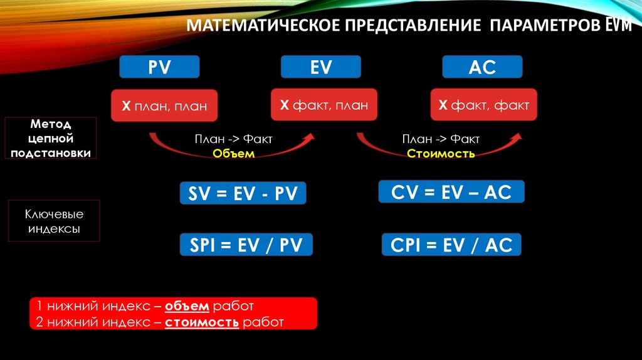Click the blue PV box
pyautogui.click(x=159, y=67)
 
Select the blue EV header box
pyautogui.click(x=320, y=67)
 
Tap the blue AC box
pyautogui.click(x=481, y=67)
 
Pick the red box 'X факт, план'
pyautogui.click(x=324, y=105)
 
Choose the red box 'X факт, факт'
pyautogui.click(x=483, y=105)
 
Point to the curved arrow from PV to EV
pyautogui.click(x=232, y=147)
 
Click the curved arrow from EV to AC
pyautogui.click(x=439, y=148)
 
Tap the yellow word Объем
pyautogui.click(x=233, y=154)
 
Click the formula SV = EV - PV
pyautogui.click(x=243, y=193)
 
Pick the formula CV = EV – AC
pyautogui.click(x=451, y=192)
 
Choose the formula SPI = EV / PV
pyautogui.click(x=246, y=245)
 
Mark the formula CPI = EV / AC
pyautogui.click(x=451, y=245)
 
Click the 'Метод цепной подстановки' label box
pyautogui.click(x=53, y=138)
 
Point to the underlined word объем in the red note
pyautogui.click(x=188, y=307)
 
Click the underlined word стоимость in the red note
pyautogui.click(x=202, y=322)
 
